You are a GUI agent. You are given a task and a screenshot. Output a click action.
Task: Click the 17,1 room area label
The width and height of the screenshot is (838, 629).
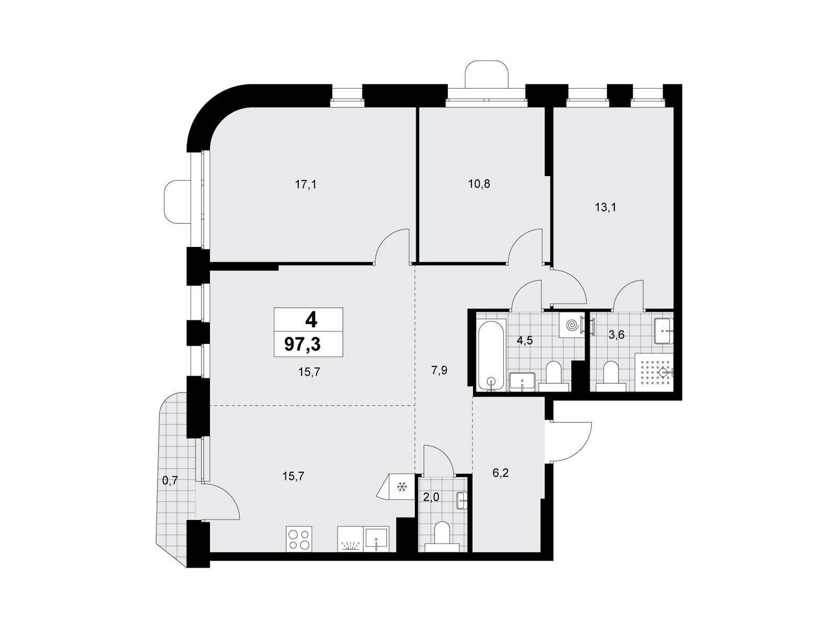306,185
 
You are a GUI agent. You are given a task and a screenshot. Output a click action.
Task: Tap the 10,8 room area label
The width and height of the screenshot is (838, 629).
479,184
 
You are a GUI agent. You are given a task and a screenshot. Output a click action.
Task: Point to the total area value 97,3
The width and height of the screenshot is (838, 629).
302,344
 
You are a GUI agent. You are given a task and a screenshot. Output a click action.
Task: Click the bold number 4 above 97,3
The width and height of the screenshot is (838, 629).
311,319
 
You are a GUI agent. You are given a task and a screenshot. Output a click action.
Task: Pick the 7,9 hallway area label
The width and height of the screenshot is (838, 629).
439,370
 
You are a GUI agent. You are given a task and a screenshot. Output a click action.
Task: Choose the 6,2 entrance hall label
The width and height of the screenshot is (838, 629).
501,473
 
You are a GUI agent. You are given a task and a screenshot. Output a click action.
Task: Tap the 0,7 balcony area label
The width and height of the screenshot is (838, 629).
170,481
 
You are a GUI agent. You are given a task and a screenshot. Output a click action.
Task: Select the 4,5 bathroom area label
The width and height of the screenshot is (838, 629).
524,341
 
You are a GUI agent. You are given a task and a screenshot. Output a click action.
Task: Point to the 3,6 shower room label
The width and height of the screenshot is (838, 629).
616,335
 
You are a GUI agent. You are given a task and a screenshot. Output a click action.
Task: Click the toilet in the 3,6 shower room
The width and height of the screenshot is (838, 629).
611,376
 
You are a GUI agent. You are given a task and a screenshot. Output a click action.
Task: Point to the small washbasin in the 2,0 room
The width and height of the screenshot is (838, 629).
462,501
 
